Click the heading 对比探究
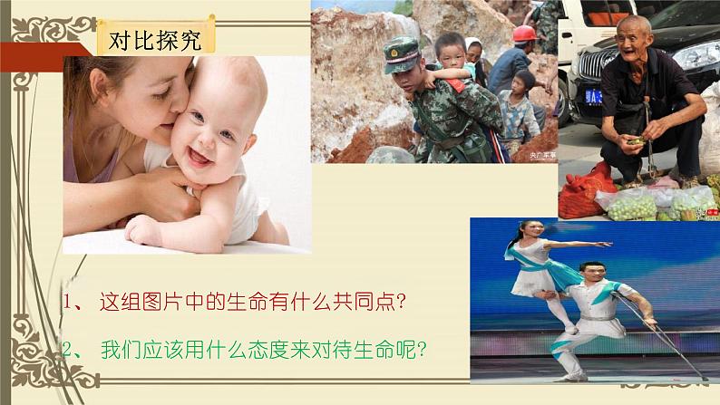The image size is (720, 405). pyautogui.click(x=155, y=41)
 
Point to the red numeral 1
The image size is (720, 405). pyautogui.click(x=67, y=302)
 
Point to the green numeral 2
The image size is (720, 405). pyautogui.click(x=68, y=350)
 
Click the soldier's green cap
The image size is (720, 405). pyautogui.click(x=402, y=55)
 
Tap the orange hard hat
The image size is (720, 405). pyautogui.click(x=524, y=34)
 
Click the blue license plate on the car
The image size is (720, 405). pyautogui.click(x=593, y=97)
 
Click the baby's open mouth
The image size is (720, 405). pyautogui.click(x=199, y=158)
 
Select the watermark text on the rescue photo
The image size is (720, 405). pyautogui.click(x=543, y=156)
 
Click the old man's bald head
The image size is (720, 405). pyautogui.click(x=633, y=25)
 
